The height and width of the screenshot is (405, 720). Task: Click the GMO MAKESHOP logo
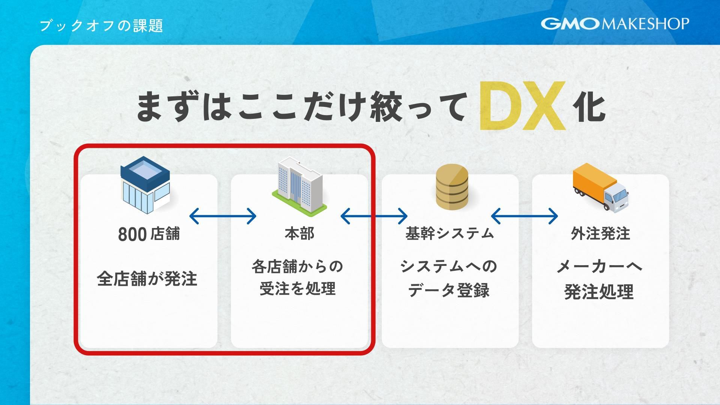point(615,24)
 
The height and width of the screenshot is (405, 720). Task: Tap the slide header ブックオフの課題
point(101,26)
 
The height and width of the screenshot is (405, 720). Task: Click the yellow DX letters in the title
point(522,106)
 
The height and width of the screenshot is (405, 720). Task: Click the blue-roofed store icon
point(145,185)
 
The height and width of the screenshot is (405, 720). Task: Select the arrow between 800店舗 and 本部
point(223,216)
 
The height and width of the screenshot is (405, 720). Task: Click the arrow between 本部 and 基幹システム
point(374,216)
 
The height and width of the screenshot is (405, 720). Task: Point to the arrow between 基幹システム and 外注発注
point(524,216)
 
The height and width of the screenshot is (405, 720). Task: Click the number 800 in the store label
point(132,234)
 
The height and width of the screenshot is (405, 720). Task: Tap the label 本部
point(299,233)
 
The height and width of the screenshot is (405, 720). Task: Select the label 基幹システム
point(450,233)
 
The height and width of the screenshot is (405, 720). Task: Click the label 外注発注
point(600,233)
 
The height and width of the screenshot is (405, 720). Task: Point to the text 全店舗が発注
point(147,279)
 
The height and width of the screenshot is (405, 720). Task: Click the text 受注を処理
point(298,289)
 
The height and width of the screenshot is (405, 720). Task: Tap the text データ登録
point(448,290)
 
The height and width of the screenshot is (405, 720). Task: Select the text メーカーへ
point(599,267)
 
